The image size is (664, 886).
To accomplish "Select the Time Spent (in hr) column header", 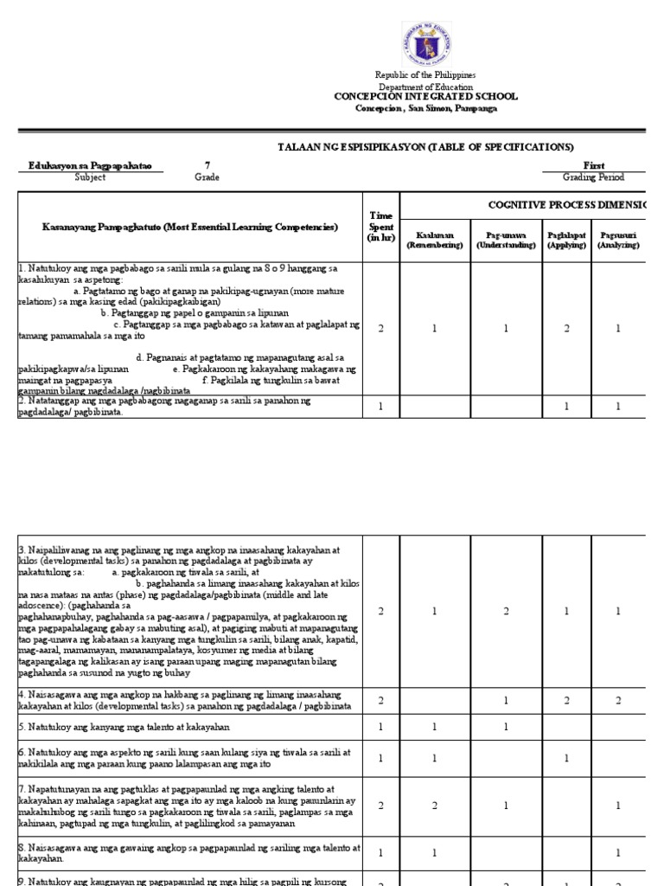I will click(x=381, y=228).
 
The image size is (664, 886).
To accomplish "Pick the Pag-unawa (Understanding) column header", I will click(x=506, y=240).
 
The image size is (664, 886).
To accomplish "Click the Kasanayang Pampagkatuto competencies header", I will click(x=190, y=227).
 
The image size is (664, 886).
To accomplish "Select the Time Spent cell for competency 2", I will click(x=381, y=407).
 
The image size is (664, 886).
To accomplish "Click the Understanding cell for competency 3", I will click(x=506, y=611).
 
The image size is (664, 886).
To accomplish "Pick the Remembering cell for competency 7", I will click(x=435, y=805).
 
